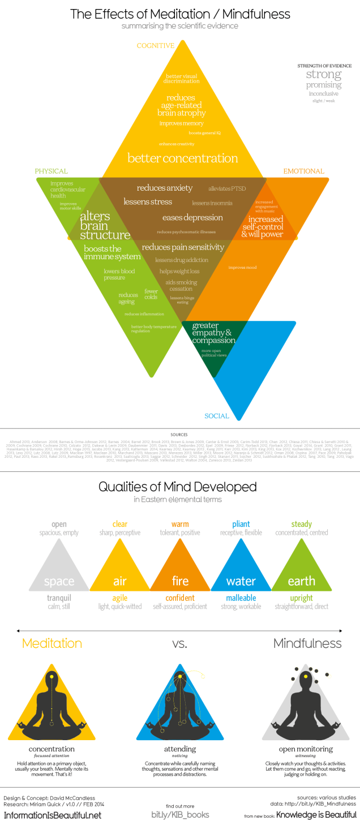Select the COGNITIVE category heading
[155, 45]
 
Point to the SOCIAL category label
[217, 416]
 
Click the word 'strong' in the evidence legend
[324, 75]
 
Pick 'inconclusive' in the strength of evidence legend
[324, 93]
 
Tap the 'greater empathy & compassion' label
[213, 333]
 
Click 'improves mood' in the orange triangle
[242, 267]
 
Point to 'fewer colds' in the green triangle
[151, 294]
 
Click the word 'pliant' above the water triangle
[241, 524]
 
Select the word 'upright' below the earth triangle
[302, 598]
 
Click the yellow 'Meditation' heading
[52, 643]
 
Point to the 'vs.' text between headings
[179, 643]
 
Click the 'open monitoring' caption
[307, 749]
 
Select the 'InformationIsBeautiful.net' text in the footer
[53, 815]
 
